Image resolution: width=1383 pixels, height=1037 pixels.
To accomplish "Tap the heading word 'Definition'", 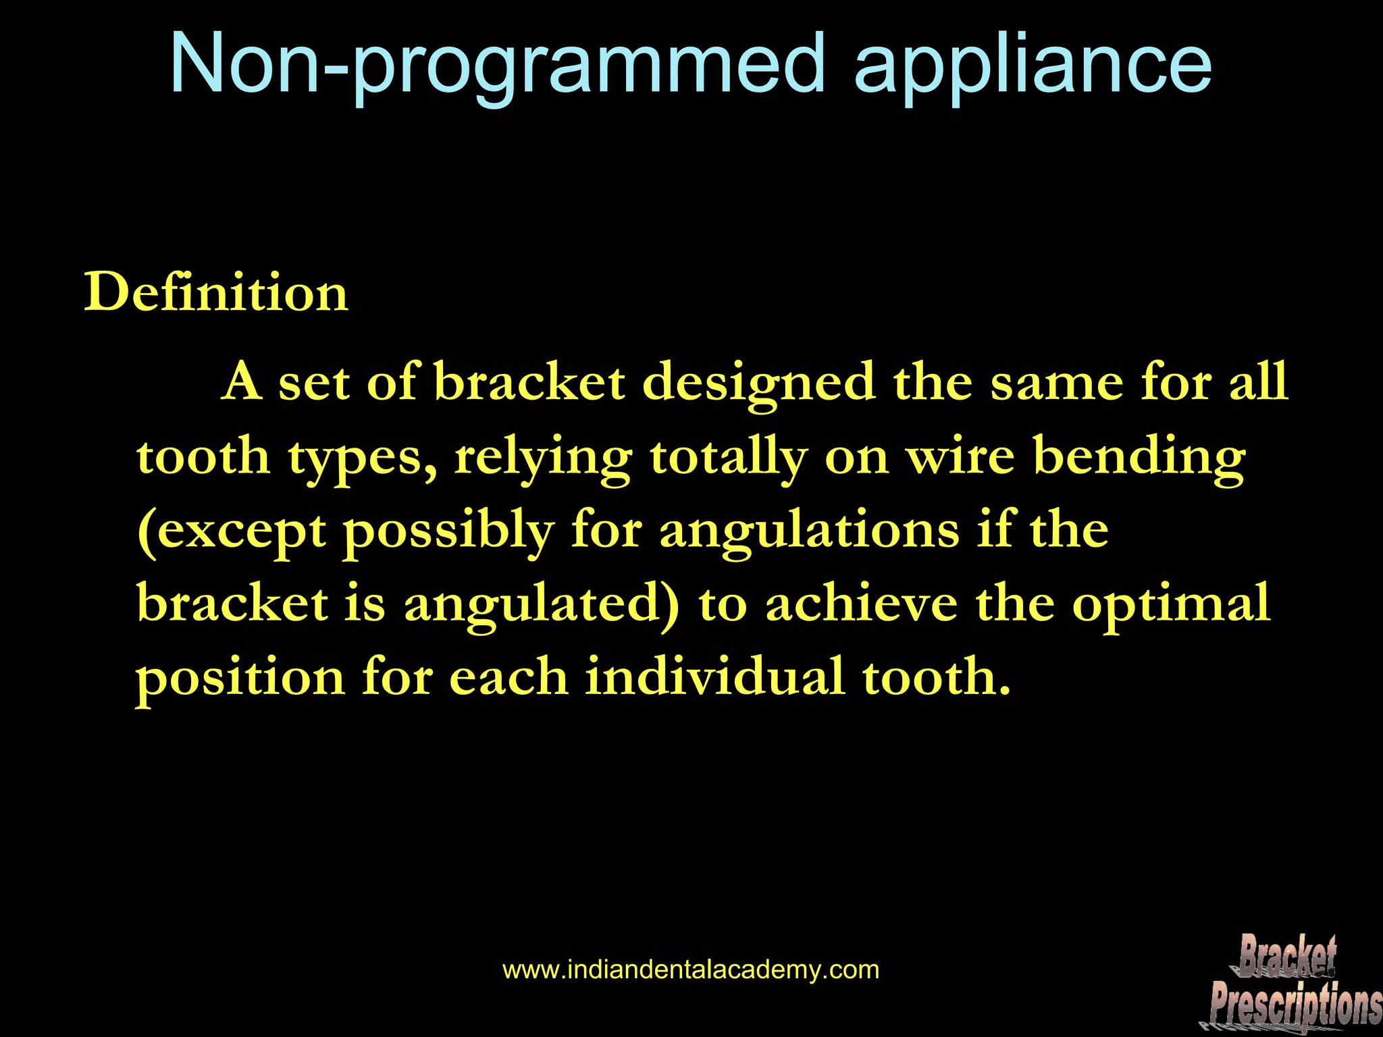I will [x=216, y=293].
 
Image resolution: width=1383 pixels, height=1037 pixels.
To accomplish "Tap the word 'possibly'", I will [x=449, y=531].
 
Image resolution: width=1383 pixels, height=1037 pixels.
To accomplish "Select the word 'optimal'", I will [x=1172, y=604].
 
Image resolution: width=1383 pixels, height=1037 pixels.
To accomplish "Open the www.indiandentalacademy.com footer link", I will [x=691, y=970].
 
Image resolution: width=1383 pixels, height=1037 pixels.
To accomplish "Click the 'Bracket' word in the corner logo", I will [x=1287, y=955].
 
